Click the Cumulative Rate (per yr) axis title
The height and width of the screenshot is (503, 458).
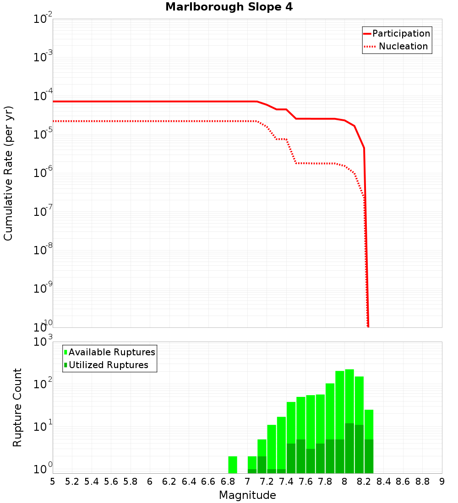tap(8, 173)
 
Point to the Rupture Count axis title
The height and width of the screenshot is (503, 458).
tap(17, 407)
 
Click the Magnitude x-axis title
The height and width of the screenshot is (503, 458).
tap(247, 495)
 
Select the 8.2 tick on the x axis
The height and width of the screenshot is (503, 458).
tap(364, 482)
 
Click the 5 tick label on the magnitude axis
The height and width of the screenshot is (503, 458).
tap(53, 482)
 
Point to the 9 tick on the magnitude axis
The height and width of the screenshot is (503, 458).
tap(442, 482)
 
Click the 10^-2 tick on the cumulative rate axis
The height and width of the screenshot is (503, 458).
tap(43, 20)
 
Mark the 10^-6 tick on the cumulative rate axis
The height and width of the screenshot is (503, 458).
tap(43, 173)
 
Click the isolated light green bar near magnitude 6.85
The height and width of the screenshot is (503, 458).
tap(233, 464)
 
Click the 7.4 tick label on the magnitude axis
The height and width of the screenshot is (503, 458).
tap(286, 482)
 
